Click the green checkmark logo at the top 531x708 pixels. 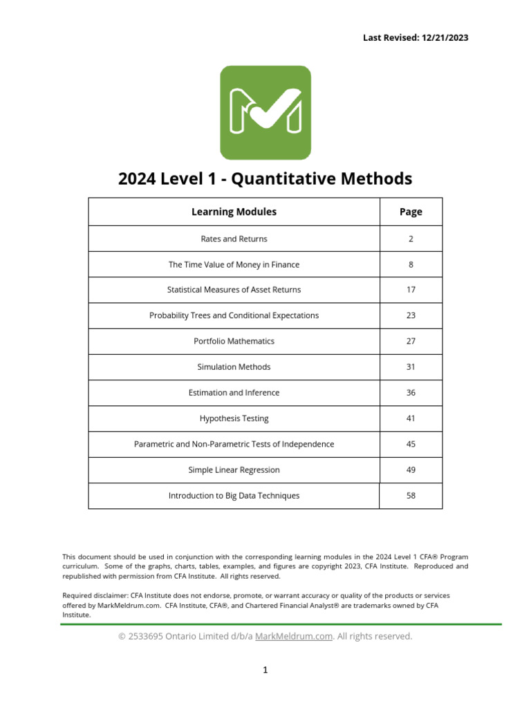pyautogui.click(x=265, y=113)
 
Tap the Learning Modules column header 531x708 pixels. pyautogui.click(x=234, y=212)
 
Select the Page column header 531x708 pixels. pyautogui.click(x=411, y=212)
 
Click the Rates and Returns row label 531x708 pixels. pyautogui.click(x=234, y=239)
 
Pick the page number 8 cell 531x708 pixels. pyautogui.click(x=411, y=264)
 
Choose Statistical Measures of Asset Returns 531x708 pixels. pyautogui.click(x=234, y=290)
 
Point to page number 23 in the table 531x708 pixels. pyautogui.click(x=411, y=315)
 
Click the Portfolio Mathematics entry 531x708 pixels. pyautogui.click(x=234, y=341)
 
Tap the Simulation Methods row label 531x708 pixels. pyautogui.click(x=234, y=367)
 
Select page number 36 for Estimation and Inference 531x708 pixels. pyautogui.click(x=411, y=393)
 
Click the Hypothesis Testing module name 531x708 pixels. pyautogui.click(x=234, y=418)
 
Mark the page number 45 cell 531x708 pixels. pyautogui.click(x=411, y=444)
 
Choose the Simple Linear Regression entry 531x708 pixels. pyautogui.click(x=234, y=470)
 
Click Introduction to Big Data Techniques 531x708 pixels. pyautogui.click(x=234, y=496)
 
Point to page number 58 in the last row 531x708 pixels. pyautogui.click(x=411, y=496)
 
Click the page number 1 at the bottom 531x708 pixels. pyautogui.click(x=265, y=670)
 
